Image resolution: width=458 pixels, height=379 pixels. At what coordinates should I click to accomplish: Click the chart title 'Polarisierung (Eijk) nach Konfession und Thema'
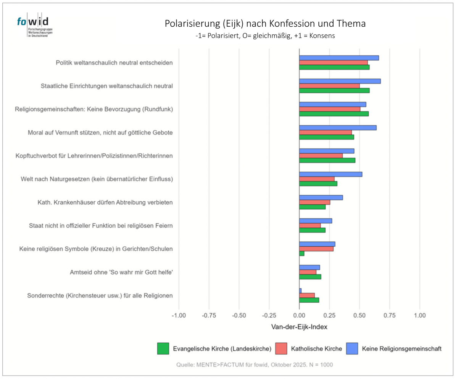coord(265,24)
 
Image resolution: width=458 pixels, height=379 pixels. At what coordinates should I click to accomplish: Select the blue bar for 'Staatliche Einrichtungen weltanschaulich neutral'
coord(340,81)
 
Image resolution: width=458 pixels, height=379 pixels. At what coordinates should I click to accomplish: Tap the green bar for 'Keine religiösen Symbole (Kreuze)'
coord(302,254)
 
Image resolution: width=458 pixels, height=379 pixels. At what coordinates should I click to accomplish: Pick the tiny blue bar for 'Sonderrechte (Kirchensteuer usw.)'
coord(300,291)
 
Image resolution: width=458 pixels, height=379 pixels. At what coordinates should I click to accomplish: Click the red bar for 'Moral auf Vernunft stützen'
coord(325,132)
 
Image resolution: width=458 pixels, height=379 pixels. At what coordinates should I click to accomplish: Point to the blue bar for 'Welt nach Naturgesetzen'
coord(331,174)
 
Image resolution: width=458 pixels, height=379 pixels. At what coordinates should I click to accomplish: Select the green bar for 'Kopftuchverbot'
coord(327,160)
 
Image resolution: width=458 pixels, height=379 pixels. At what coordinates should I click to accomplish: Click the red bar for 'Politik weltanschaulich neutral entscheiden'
coord(333,63)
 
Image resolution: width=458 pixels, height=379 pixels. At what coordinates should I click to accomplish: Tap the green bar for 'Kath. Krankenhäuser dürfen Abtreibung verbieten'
coord(312,207)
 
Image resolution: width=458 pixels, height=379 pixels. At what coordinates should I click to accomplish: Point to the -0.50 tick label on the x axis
coord(239,316)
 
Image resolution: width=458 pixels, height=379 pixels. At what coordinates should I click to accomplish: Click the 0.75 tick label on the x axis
coord(389,316)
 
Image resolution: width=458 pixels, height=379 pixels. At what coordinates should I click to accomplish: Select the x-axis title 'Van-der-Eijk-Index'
coord(299,327)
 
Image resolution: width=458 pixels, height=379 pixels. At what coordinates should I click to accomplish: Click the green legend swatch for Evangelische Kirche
coord(163,348)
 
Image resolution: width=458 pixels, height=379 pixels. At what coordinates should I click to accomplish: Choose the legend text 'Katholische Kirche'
coord(316,348)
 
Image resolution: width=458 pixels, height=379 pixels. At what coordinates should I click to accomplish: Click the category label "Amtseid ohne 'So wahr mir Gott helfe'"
coord(121,272)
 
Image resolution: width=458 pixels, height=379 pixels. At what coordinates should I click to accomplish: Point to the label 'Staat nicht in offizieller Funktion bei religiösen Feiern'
coord(101,226)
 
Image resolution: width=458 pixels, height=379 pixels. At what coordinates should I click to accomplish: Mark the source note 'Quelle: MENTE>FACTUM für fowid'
coord(255,365)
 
